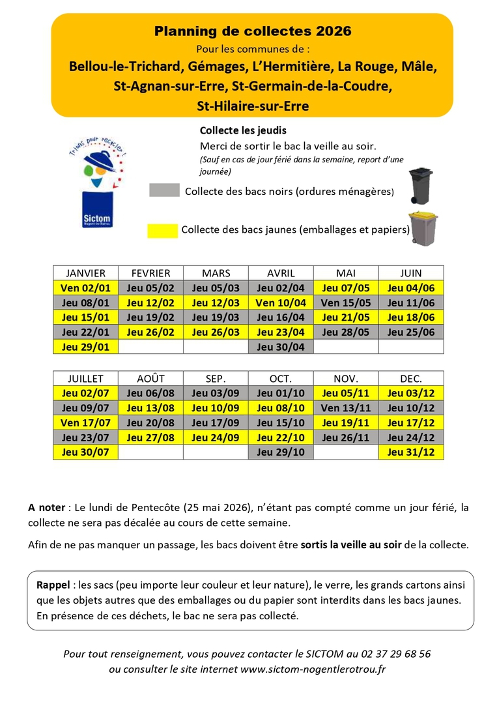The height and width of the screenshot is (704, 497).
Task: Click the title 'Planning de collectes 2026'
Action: coord(253,31)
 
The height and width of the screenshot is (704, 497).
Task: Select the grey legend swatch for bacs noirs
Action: coord(164,190)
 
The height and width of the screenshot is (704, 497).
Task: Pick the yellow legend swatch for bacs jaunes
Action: coord(162,230)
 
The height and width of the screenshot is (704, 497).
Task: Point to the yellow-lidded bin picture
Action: coord(422,227)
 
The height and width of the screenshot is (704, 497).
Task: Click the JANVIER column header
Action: coord(85,273)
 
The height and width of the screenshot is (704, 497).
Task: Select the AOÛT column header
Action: coord(150,378)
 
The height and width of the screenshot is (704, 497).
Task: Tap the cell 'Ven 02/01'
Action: coord(85,288)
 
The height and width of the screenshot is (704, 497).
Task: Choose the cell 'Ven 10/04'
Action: coord(281,302)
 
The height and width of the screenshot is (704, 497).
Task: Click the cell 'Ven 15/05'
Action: coord(346,302)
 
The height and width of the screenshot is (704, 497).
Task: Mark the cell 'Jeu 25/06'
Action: coord(411,332)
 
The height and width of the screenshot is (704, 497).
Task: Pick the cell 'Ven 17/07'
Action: coord(85,422)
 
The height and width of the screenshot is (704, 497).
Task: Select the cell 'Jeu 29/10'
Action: coord(281,452)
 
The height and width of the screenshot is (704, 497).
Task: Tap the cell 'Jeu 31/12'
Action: coord(411,452)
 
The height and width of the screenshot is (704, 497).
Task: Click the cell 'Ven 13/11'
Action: coord(346,408)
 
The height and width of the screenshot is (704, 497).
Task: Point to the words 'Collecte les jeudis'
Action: coord(243,130)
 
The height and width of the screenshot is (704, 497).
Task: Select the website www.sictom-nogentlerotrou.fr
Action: coord(313,669)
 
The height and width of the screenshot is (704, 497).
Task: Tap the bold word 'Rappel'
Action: coord(53,585)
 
